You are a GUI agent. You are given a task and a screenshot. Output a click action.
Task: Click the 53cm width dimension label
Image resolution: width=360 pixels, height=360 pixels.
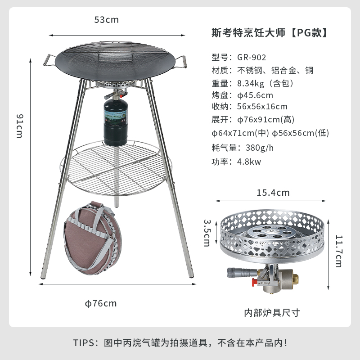pyautogui.click(x=106, y=20)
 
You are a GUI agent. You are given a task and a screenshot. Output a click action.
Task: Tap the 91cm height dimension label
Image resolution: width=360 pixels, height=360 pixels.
pyautogui.click(x=20, y=126)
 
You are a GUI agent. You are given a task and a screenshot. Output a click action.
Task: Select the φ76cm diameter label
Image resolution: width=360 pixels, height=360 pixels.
pyautogui.click(x=101, y=303)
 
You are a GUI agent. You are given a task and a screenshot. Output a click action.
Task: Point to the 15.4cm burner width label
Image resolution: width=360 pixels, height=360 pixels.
pyautogui.click(x=273, y=193)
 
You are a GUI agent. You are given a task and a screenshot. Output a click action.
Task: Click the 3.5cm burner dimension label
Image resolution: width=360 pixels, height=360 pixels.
pyautogui.click(x=207, y=233)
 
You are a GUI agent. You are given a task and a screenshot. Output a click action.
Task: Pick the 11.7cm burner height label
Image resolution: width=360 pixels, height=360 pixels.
pyautogui.click(x=339, y=251)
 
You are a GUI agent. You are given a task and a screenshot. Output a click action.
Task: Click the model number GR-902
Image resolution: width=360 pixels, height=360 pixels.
pyautogui.click(x=252, y=58)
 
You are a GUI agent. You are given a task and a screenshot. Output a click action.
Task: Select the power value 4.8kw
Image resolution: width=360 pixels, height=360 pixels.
pyautogui.click(x=249, y=162)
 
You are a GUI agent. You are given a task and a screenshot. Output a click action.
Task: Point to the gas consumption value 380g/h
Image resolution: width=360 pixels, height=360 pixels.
pyautogui.click(x=260, y=148)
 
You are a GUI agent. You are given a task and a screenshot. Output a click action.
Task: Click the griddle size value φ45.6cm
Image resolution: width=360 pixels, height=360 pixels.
pyautogui.click(x=255, y=95)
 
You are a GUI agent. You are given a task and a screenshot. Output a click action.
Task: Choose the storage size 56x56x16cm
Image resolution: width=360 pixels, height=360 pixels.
pyautogui.click(x=262, y=107)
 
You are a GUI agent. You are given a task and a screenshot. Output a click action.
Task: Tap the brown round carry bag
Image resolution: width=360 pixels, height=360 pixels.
pyautogui.click(x=92, y=238)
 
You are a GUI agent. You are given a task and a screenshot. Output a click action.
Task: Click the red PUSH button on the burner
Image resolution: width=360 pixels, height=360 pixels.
pyautogui.click(x=254, y=282)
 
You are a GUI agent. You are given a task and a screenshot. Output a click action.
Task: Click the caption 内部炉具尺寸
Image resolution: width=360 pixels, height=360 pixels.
pyautogui.click(x=272, y=313)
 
